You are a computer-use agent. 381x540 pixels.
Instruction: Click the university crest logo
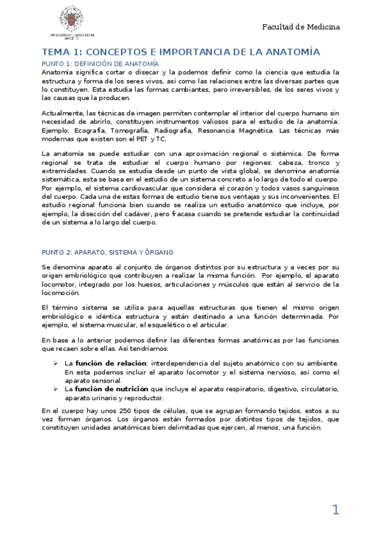click(x=69, y=20)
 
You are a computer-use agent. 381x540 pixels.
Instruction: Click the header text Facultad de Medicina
click(x=301, y=27)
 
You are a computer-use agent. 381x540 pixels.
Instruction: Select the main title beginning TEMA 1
click(x=181, y=52)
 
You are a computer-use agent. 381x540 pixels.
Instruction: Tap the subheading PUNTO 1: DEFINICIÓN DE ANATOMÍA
click(x=100, y=64)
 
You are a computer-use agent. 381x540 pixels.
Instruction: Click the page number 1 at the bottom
click(x=335, y=509)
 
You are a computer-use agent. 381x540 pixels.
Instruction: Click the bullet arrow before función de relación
click(x=56, y=362)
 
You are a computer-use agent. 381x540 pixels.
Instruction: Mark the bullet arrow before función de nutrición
click(x=56, y=388)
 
